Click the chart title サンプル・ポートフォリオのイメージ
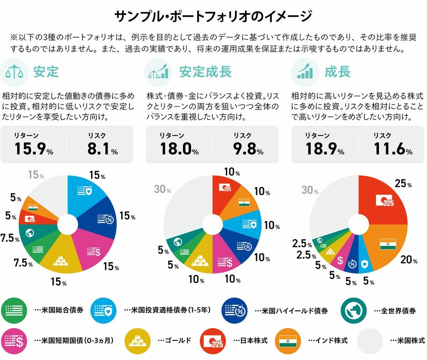tap(213, 16)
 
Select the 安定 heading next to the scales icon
tap(46, 72)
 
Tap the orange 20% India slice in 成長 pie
tap(388, 243)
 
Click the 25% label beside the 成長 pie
tap(402, 183)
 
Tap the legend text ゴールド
tap(174, 340)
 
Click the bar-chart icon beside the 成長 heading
tap(304, 72)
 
